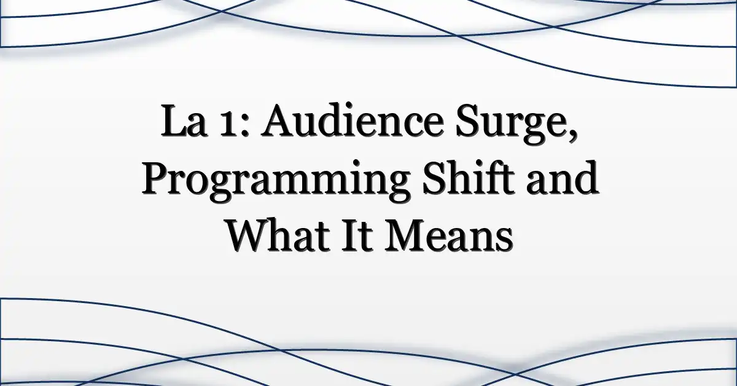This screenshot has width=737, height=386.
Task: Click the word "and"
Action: [x=563, y=177]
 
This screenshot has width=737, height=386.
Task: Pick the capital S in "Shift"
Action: [x=435, y=178]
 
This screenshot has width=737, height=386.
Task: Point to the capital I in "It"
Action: [x=353, y=235]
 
